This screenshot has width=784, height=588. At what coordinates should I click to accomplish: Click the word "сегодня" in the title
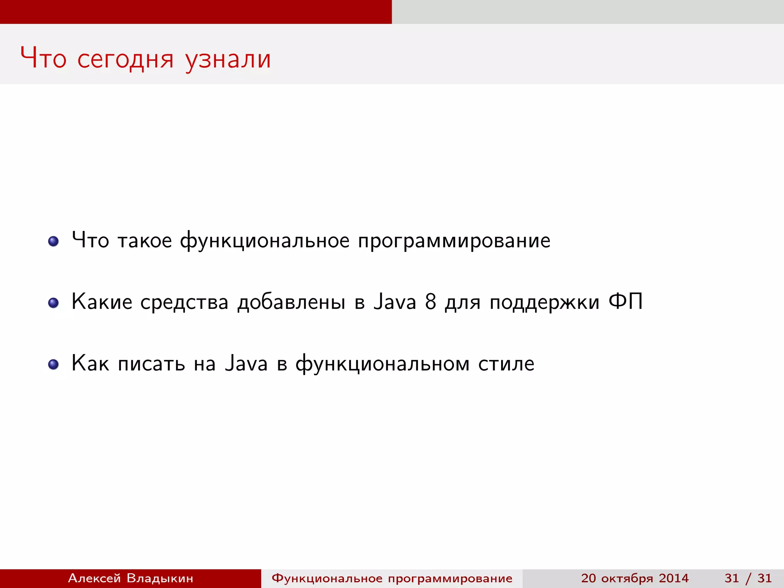coord(126,59)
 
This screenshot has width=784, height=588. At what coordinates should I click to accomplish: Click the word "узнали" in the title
coord(228,59)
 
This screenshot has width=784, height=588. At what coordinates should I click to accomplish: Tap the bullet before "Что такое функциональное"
coord(53,241)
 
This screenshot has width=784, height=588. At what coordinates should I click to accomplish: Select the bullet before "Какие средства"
coord(53,303)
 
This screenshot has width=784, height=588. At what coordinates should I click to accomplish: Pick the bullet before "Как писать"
coord(53,364)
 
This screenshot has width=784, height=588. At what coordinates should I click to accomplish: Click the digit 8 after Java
coord(430,302)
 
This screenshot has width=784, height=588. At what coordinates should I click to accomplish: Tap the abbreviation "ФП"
coord(625,302)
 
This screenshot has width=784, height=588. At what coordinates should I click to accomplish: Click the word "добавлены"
coord(291,302)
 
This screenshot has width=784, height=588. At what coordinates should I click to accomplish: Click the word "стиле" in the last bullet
coord(506,364)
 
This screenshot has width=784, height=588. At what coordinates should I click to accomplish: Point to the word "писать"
coord(151,364)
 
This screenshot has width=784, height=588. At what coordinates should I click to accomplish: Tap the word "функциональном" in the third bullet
coord(382,364)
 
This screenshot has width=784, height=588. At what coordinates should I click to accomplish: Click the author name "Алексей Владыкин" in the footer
coord(131,578)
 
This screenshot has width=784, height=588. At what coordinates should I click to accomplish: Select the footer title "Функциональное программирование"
coord(392,578)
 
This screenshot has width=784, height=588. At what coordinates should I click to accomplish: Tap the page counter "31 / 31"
coord(748,578)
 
